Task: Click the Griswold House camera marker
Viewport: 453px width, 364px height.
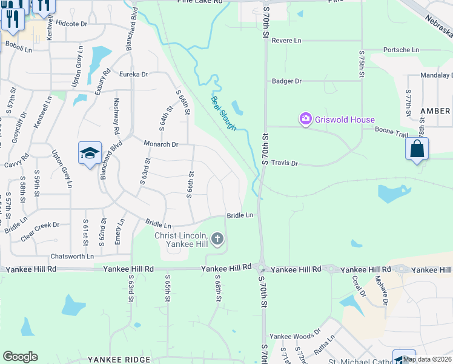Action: (x=306, y=120)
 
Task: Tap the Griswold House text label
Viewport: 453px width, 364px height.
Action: (x=345, y=120)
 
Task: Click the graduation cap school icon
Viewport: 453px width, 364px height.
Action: (x=90, y=153)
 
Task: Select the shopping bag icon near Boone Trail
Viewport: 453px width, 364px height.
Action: (x=417, y=149)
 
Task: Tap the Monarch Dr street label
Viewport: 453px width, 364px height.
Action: (x=160, y=144)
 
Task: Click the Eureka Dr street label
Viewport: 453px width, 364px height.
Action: (x=133, y=74)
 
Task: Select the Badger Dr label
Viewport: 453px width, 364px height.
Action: (x=286, y=81)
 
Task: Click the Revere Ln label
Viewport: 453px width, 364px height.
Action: (x=286, y=41)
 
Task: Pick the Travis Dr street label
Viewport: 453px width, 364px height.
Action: (x=285, y=163)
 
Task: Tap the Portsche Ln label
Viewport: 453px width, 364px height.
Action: (x=401, y=50)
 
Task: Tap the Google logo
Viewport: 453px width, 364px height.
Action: (x=20, y=357)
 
